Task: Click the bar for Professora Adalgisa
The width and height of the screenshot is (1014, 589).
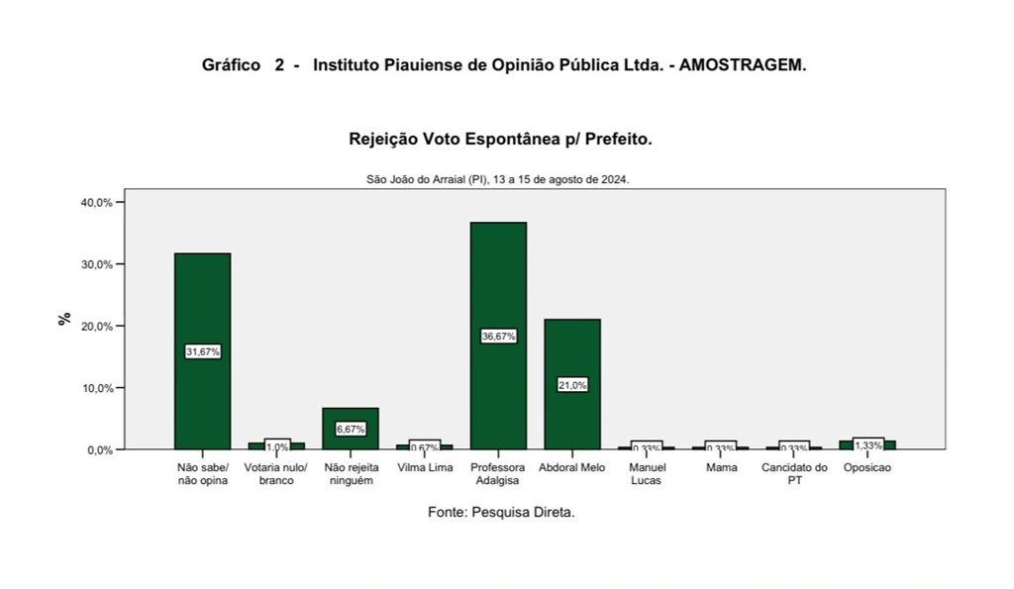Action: tap(498, 287)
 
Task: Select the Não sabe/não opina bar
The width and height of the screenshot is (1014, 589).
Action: tap(202, 297)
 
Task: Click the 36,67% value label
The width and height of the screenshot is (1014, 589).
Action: tap(498, 336)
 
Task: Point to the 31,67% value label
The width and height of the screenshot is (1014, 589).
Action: tap(202, 351)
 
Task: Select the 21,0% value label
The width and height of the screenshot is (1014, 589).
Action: tap(572, 384)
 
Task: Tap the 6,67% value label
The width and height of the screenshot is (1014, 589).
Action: tap(351, 429)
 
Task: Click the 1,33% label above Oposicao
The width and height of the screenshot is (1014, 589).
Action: tap(867, 444)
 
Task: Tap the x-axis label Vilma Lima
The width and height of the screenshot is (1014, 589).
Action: tap(425, 467)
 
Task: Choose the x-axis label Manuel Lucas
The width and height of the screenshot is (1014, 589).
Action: tap(647, 474)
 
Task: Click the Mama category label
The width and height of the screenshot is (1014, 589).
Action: tap(721, 467)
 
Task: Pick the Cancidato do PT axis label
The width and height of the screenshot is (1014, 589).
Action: tap(794, 474)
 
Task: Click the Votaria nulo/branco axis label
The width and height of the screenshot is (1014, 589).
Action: tap(276, 474)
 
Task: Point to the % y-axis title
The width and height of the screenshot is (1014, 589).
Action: tap(64, 319)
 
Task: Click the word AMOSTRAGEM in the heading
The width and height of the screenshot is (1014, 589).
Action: tap(743, 65)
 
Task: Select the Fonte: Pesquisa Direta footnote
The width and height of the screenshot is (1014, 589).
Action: tap(501, 513)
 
